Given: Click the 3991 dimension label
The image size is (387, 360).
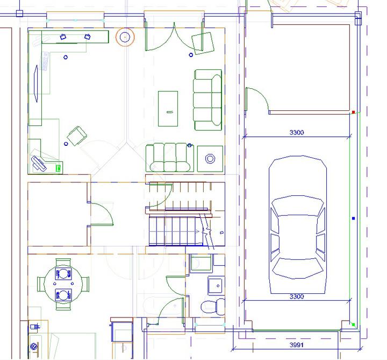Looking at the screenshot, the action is [x=296, y=345].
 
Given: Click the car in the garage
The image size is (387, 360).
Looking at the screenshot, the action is [x=298, y=224].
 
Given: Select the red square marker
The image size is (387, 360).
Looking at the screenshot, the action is [x=353, y=112].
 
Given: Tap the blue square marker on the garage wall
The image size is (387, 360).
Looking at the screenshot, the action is [x=354, y=218].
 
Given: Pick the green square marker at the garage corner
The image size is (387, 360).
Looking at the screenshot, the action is [x=353, y=324].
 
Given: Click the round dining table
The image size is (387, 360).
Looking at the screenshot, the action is [x=63, y=284].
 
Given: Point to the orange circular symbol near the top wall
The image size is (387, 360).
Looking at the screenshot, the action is [x=125, y=37].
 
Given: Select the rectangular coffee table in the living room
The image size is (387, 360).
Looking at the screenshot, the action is [x=168, y=109].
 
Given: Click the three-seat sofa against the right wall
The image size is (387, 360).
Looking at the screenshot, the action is [x=207, y=100].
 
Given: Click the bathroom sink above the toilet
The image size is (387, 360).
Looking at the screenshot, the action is [x=216, y=286].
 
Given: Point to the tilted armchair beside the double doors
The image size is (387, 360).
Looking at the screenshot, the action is [x=203, y=43].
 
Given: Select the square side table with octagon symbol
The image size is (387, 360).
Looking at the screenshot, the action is [x=210, y=159].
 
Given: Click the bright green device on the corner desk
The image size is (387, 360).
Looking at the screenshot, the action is [x=59, y=168].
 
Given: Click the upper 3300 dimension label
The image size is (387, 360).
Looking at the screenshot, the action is [x=296, y=132].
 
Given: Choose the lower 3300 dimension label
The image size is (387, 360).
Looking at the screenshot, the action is [x=296, y=297].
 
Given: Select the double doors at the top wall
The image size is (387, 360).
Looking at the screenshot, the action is [x=174, y=37].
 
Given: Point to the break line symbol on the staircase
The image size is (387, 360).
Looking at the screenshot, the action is [x=206, y=231].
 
